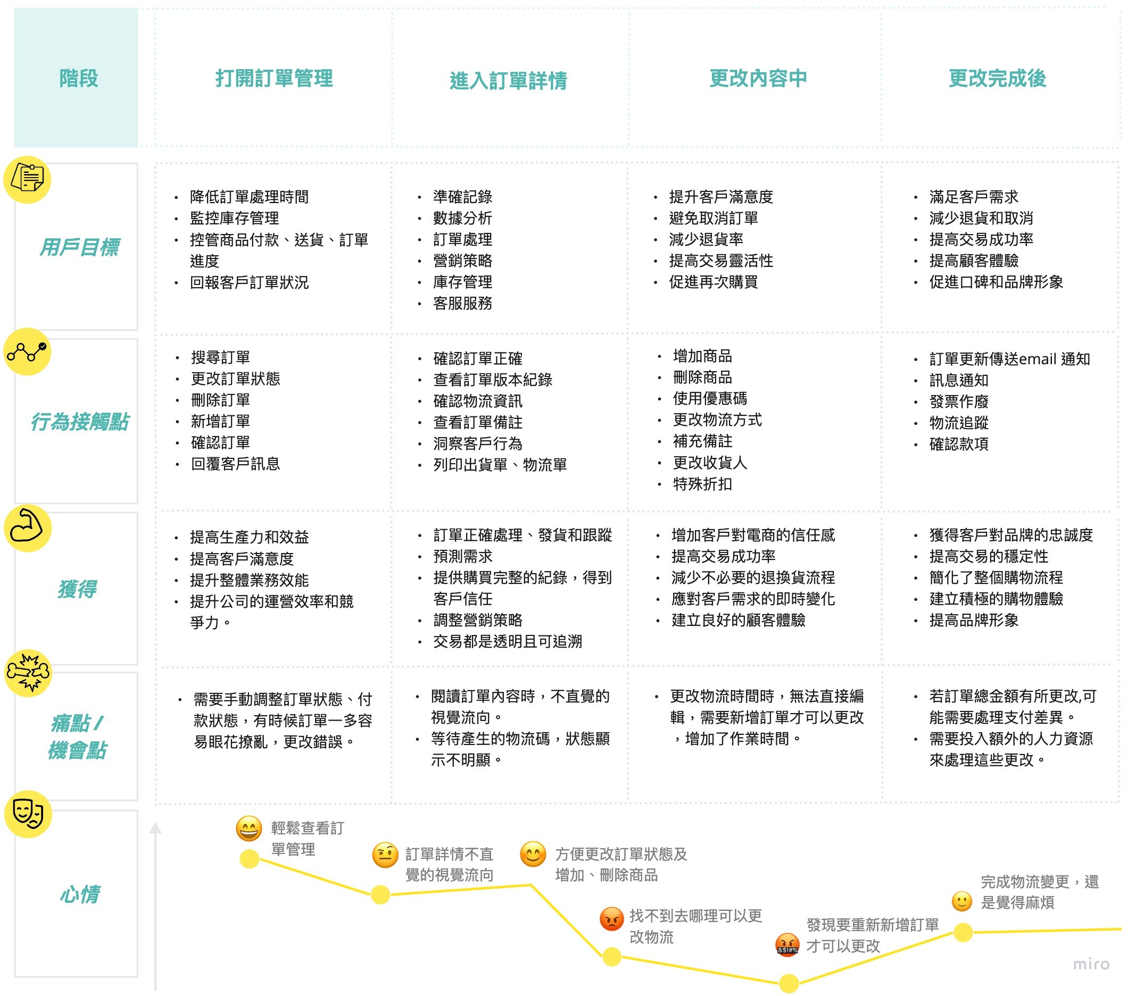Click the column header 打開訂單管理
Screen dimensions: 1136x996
[274, 78]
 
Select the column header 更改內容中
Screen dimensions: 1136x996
[758, 78]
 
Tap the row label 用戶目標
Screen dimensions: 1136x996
[79, 247]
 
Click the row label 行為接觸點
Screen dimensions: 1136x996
[79, 422]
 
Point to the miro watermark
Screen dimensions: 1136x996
[1090, 964]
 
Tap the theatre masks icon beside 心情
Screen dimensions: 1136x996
[28, 814]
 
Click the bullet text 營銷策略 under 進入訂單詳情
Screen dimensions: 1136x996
[462, 261]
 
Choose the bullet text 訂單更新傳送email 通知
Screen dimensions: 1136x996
[1009, 359]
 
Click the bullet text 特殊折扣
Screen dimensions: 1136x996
[702, 484]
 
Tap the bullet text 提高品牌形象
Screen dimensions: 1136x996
[974, 620]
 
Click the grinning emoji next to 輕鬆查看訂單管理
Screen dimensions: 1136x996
[248, 828]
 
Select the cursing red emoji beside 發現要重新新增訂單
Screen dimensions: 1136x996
[787, 944]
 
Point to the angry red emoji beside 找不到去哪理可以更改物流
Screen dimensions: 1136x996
[611, 919]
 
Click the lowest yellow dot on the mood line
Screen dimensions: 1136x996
[789, 983]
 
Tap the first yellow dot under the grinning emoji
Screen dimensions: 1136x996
[249, 859]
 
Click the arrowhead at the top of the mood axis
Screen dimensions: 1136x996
[155, 828]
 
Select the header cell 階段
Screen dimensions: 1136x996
[78, 78]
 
